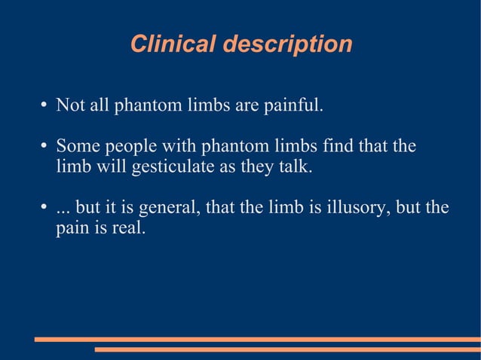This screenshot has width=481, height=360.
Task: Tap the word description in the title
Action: point(286,45)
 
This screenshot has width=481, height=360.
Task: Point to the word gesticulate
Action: point(173,166)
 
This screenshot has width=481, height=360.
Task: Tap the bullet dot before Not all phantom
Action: point(45,105)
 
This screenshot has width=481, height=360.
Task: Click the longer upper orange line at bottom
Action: point(257,339)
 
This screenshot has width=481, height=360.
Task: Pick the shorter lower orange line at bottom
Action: point(287,349)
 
